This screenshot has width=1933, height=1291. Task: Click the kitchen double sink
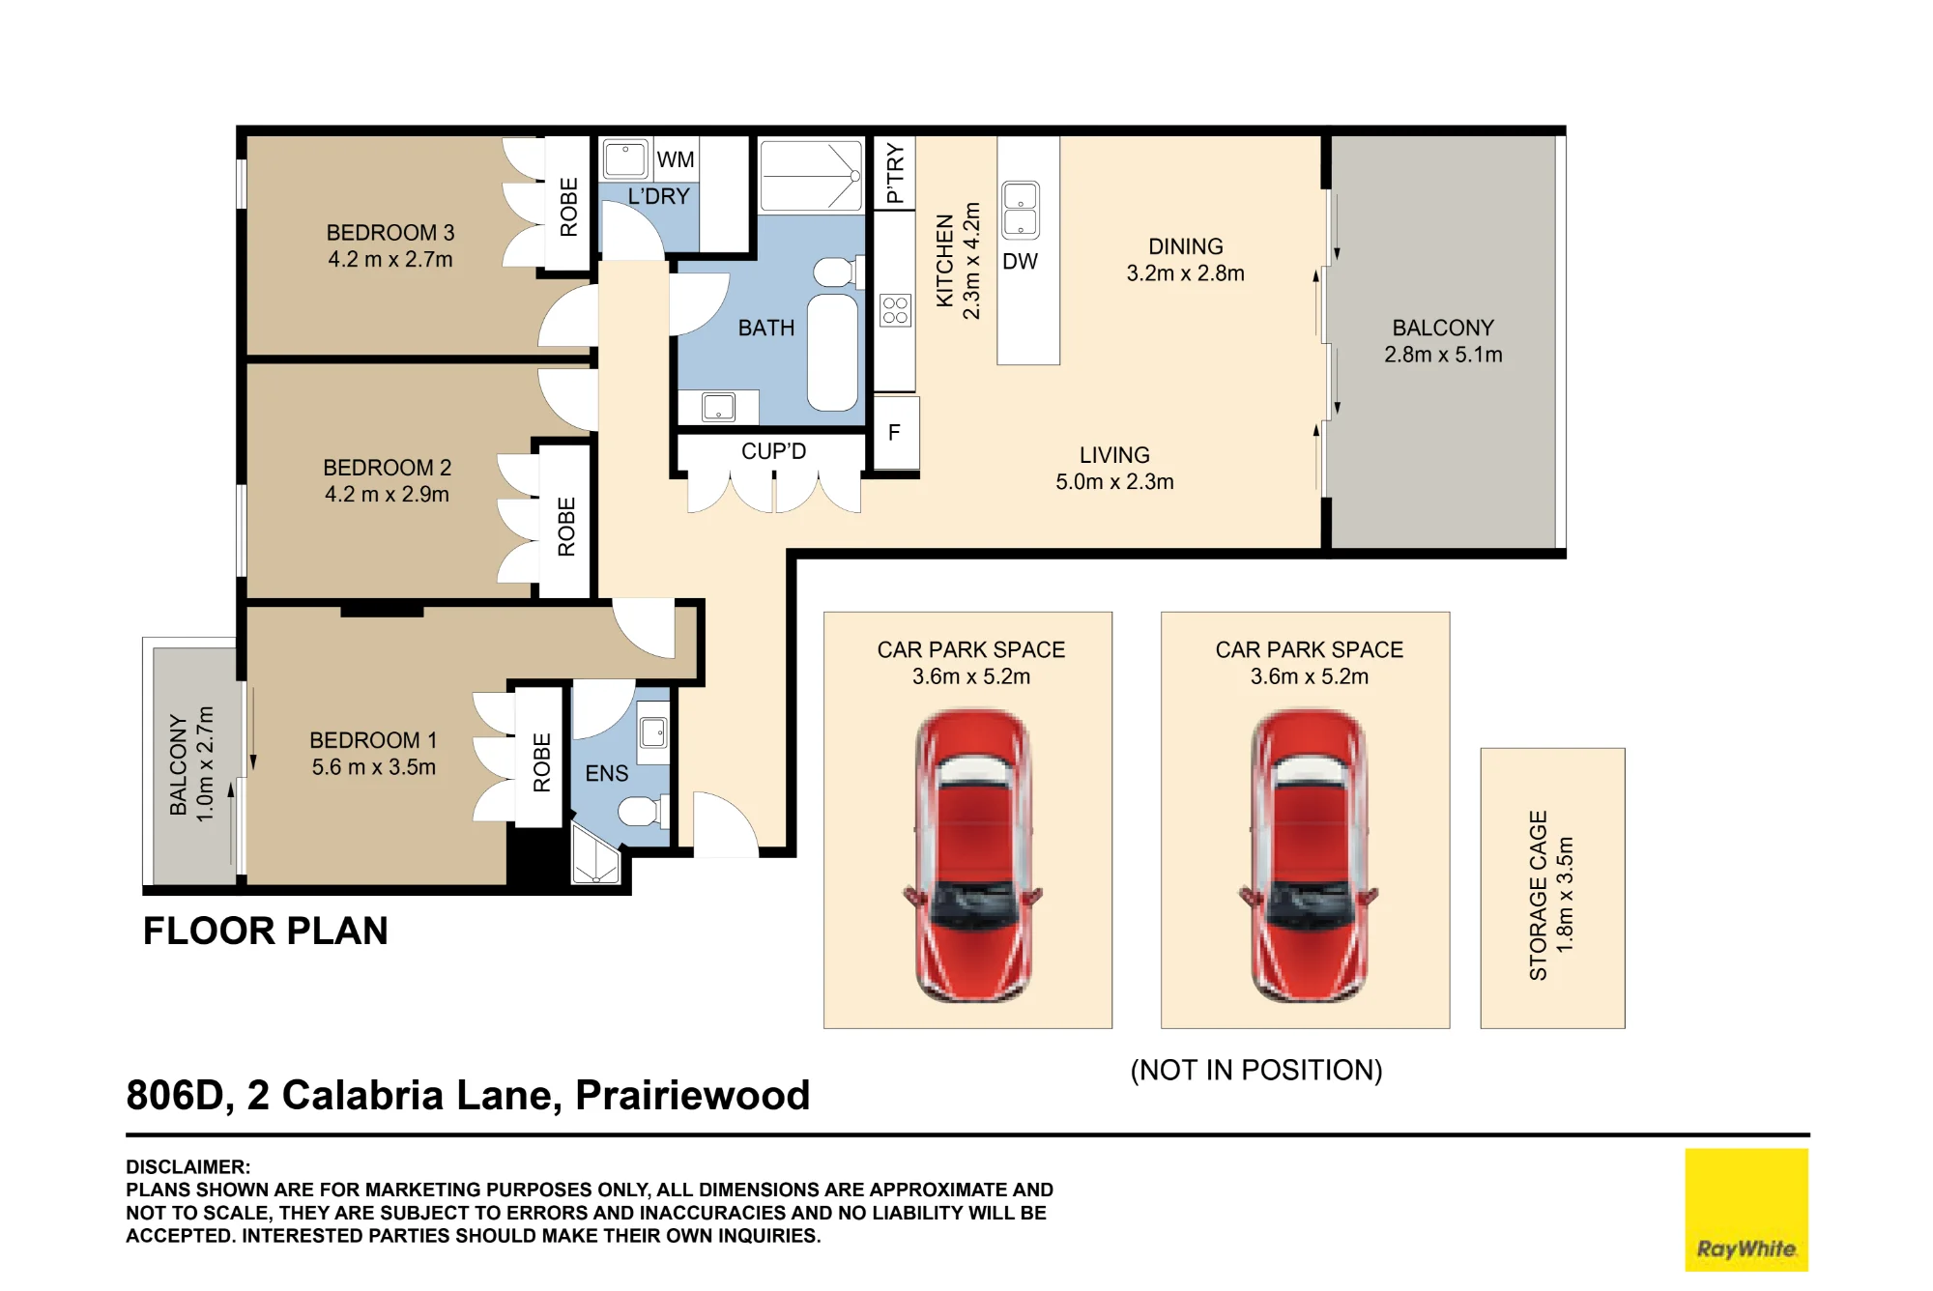point(1021,210)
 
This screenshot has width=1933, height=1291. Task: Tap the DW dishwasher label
point(1020,262)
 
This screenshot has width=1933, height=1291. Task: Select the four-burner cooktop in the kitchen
point(896,310)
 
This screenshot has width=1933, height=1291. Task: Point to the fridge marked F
point(895,433)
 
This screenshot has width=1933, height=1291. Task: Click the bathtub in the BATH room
point(832,353)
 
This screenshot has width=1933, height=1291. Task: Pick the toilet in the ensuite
point(643,810)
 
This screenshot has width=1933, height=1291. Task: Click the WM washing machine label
point(676,159)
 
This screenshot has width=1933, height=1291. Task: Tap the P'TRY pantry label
point(895,174)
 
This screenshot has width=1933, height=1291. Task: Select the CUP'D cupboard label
point(773,451)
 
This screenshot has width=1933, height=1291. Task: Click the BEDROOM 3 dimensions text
point(390,260)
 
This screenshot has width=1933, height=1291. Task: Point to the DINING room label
point(1186,246)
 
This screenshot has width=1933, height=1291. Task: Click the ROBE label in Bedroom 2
point(566,527)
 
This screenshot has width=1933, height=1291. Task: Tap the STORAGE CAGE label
point(1538,895)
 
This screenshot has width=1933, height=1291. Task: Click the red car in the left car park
point(972,856)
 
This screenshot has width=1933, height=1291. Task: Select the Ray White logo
point(1746,1209)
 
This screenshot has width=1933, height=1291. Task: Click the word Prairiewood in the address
point(692,1096)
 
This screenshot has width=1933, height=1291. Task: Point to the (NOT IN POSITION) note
point(1256,1070)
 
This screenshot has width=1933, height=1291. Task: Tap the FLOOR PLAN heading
point(266,931)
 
